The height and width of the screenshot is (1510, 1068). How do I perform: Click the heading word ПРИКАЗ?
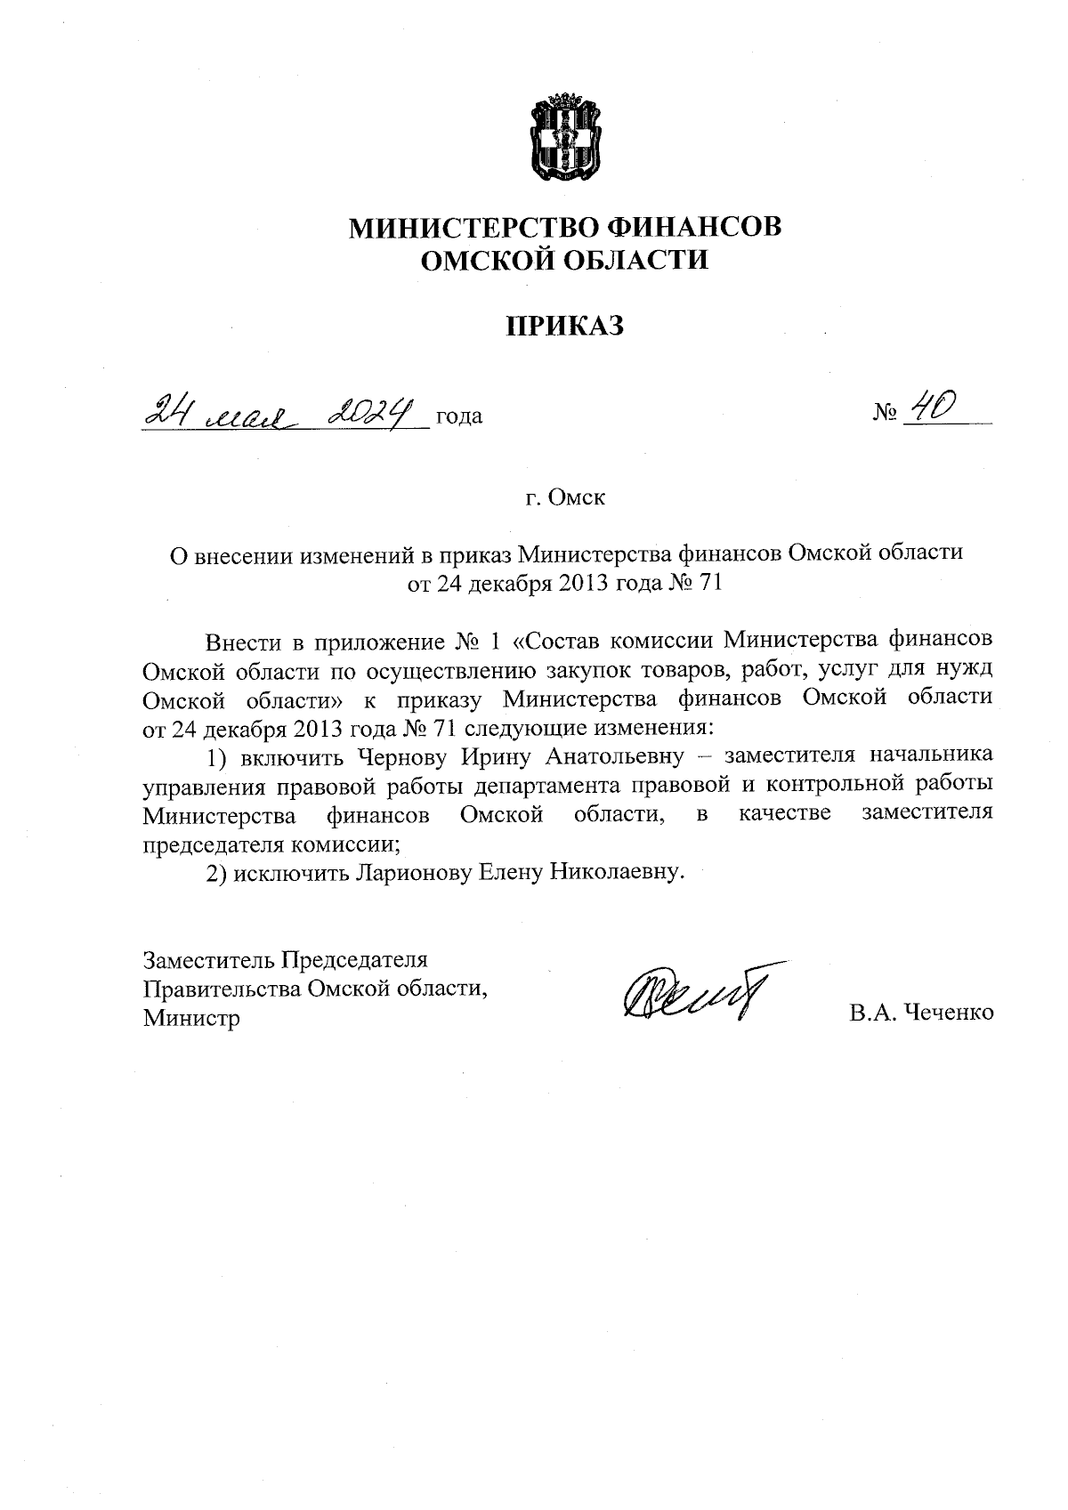(566, 326)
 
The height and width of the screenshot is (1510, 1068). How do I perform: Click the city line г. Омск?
(566, 497)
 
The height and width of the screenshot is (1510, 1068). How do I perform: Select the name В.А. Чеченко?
(921, 1012)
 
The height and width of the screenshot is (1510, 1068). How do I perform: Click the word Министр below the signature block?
(191, 1017)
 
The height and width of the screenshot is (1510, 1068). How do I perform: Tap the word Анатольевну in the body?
(621, 756)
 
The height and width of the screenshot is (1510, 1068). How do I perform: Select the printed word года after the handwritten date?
(459, 416)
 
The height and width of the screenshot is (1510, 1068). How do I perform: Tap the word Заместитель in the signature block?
(208, 960)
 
